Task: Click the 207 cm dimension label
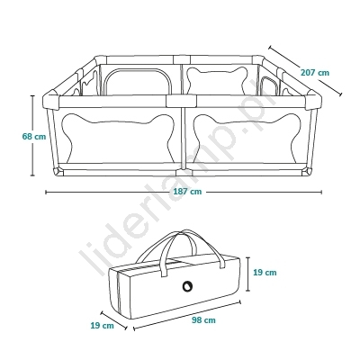pos(315,73)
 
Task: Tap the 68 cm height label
pos(34,136)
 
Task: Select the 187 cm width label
pos(187,192)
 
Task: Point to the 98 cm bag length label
pos(203,320)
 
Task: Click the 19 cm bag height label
pos(265,273)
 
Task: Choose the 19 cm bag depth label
pos(102,325)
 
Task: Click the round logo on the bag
pos(187,286)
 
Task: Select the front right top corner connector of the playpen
pos(313,101)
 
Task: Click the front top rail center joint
pos(181,102)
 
